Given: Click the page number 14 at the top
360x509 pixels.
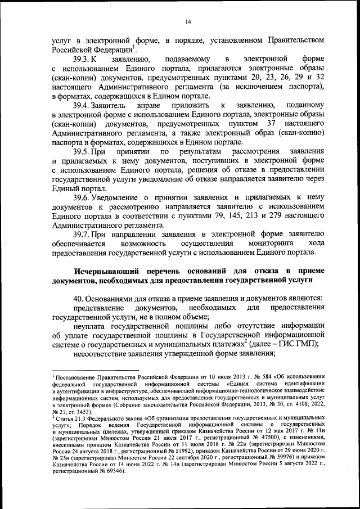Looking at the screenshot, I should pyautogui.click(x=188, y=22).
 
